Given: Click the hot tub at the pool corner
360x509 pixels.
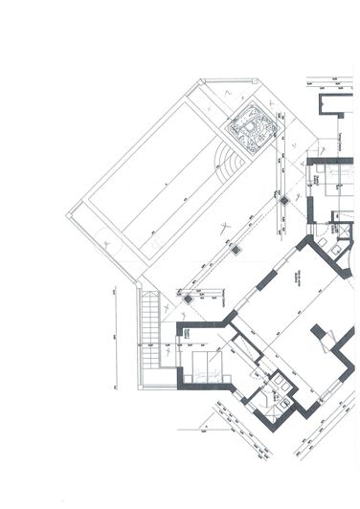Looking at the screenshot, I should pyautogui.click(x=251, y=132).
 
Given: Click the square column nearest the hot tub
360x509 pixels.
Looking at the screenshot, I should pyautogui.click(x=284, y=200).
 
